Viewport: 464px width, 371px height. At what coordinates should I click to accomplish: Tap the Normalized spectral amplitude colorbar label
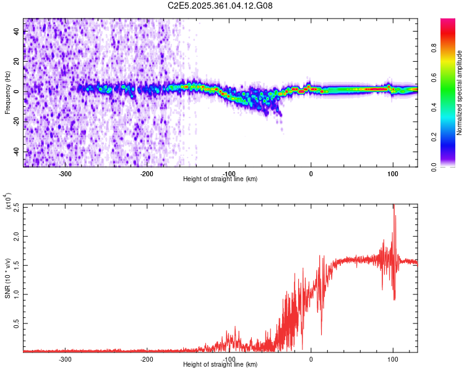(x=459, y=93)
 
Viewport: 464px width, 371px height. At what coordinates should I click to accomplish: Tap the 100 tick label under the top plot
(x=392, y=174)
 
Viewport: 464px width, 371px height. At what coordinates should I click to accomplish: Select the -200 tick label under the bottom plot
(x=147, y=359)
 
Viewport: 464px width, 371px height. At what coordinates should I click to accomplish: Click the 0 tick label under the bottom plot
(x=311, y=359)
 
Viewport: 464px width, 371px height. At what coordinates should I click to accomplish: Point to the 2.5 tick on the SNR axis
(x=17, y=207)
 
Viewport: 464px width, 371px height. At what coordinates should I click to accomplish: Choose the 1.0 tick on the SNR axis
(x=17, y=294)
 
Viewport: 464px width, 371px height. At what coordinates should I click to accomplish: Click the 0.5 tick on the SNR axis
(x=17, y=323)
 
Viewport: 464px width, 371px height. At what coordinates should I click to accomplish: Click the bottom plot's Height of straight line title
(x=220, y=365)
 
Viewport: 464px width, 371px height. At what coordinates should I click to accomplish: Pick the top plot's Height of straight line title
(x=220, y=179)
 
